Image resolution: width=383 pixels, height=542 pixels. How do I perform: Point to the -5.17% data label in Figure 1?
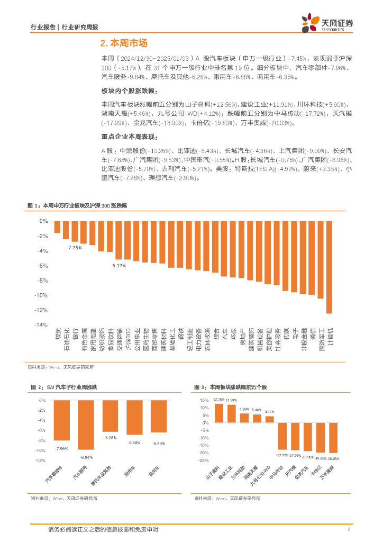pos(118,266)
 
